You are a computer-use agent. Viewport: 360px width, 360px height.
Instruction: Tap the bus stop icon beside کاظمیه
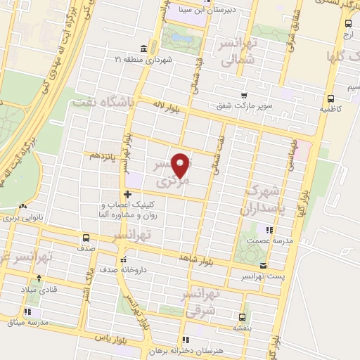pos(330,99)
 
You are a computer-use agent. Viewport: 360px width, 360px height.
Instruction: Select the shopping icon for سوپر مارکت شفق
pos(244,96)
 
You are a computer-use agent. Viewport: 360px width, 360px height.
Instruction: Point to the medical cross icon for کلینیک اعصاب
pos(127,194)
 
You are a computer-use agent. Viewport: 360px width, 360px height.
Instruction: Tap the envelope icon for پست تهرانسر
pos(262,266)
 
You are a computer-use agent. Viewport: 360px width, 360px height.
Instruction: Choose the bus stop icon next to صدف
pos(86,237)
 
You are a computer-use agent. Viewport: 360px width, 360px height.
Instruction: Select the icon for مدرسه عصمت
pos(267,229)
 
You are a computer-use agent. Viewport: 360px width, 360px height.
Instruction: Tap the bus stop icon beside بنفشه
pos(243,316)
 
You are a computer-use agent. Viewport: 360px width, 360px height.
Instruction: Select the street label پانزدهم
pos(100,155)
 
